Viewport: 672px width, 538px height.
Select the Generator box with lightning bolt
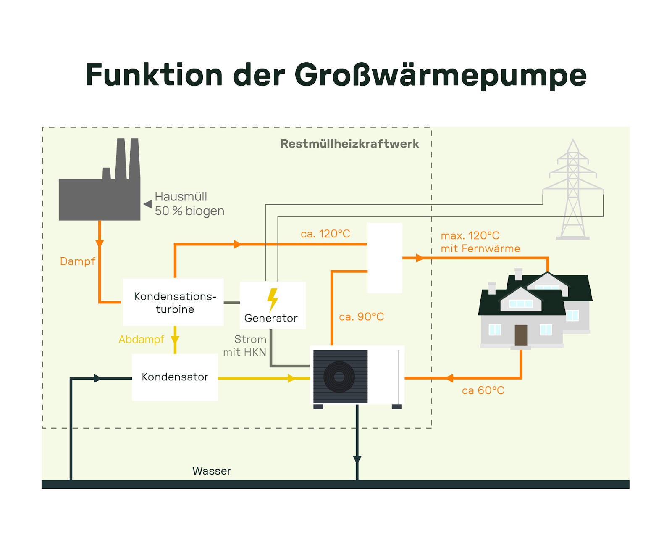[272, 306]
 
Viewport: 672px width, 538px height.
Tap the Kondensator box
[175, 377]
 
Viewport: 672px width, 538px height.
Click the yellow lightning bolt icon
[273, 299]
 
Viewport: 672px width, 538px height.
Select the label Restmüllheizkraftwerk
[349, 144]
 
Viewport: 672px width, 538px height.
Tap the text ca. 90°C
[361, 316]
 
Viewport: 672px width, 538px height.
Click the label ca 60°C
[483, 390]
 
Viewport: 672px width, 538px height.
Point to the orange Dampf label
[78, 261]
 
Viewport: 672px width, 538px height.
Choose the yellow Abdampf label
[141, 339]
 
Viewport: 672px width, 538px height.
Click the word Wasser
[212, 471]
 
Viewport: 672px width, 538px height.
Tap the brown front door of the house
[521, 335]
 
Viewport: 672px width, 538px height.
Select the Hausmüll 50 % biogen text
[189, 204]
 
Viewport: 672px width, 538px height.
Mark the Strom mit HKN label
[245, 345]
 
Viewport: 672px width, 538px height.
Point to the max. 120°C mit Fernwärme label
[480, 242]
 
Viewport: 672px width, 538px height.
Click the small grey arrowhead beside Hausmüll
[147, 204]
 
